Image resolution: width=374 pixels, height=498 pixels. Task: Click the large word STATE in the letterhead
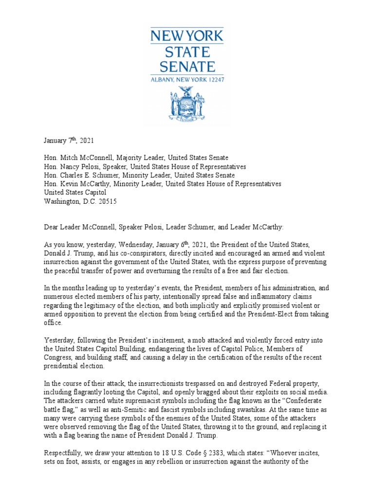(x=187, y=51)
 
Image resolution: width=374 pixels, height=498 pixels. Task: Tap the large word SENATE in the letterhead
(x=187, y=67)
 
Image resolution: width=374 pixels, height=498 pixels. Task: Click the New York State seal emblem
(x=187, y=103)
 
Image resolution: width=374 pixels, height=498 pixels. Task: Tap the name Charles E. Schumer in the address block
(x=83, y=175)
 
